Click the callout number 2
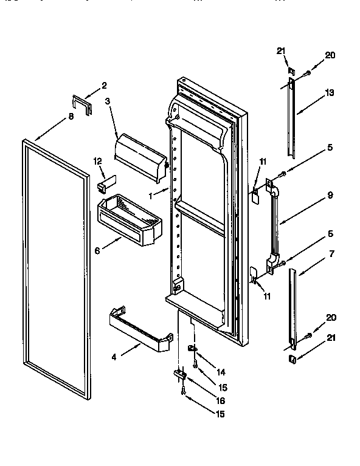click(104, 86)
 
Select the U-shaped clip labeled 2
click(82, 104)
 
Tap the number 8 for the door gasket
click(71, 116)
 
